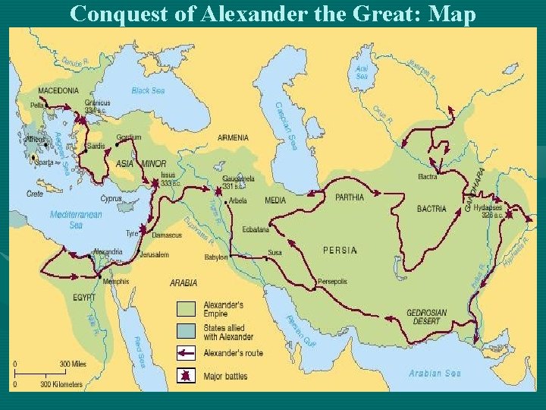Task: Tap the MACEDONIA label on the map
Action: click(x=58, y=90)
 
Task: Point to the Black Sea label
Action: click(x=148, y=90)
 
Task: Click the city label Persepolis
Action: click(x=332, y=282)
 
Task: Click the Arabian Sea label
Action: click(x=435, y=373)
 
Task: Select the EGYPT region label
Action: click(x=85, y=297)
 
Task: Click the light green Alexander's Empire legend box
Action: click(x=187, y=308)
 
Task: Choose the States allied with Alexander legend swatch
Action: click(x=187, y=331)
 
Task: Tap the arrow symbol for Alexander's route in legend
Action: click(x=187, y=353)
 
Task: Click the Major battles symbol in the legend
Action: click(x=187, y=375)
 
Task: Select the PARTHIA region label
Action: click(x=349, y=197)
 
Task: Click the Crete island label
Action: click(x=35, y=194)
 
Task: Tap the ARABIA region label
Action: click(x=184, y=282)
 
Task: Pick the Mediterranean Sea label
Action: click(x=76, y=219)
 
